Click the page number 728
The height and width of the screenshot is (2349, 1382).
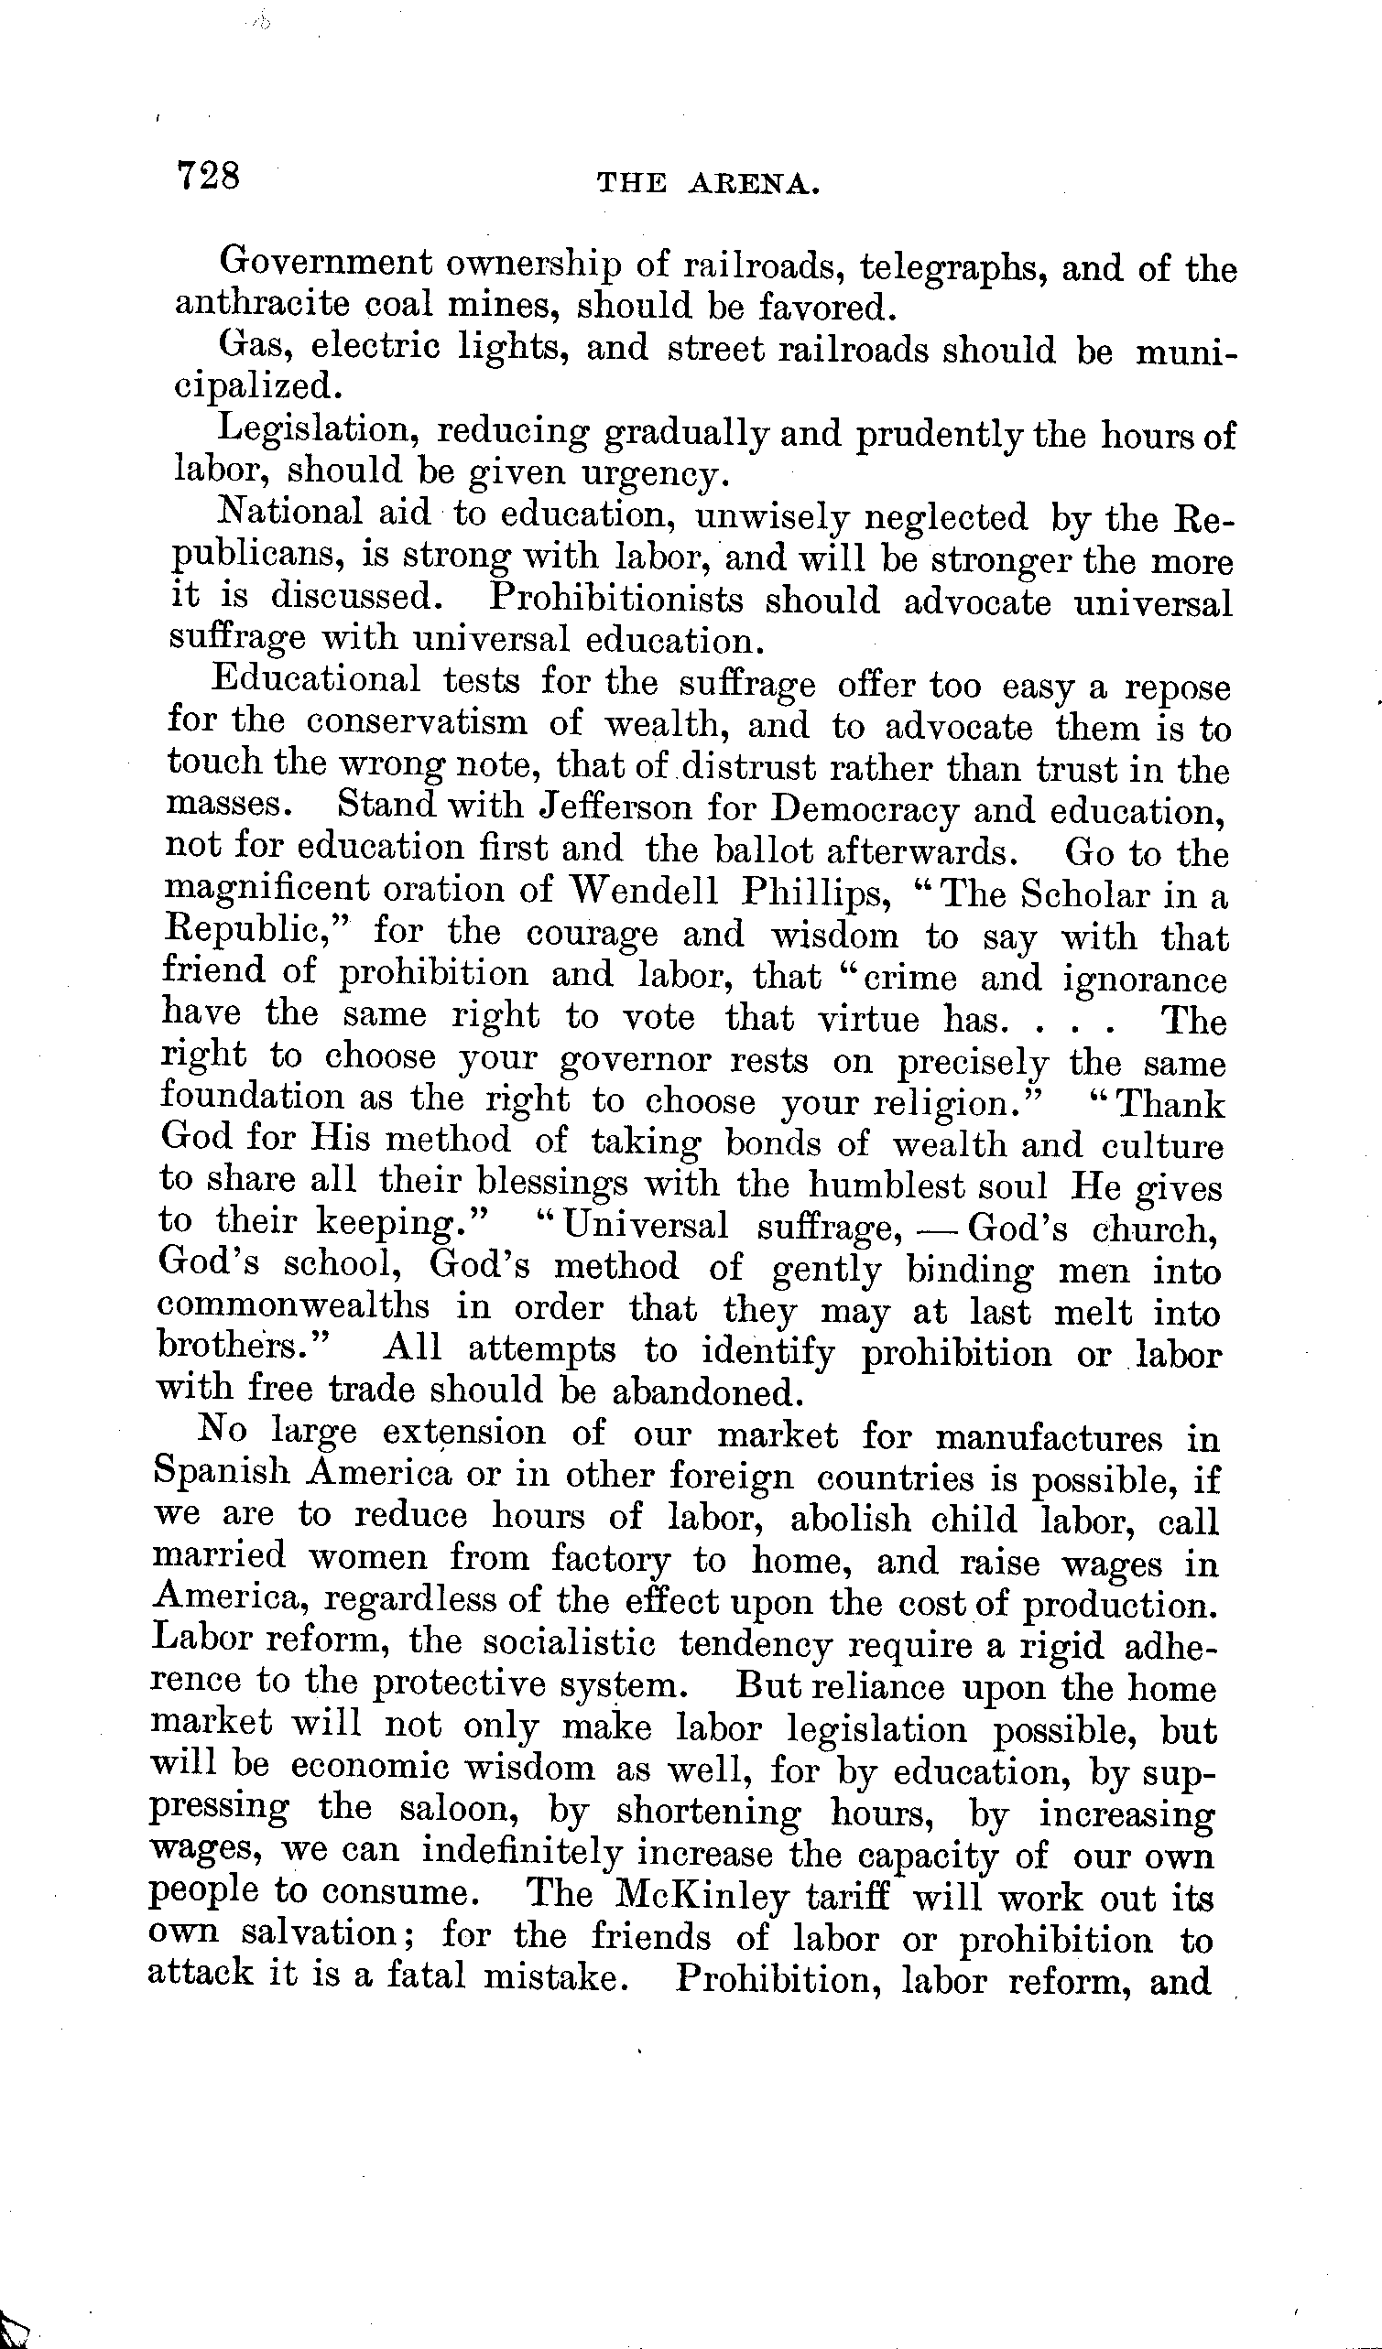[208, 174]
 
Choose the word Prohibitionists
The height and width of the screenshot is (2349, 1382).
[616, 599]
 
